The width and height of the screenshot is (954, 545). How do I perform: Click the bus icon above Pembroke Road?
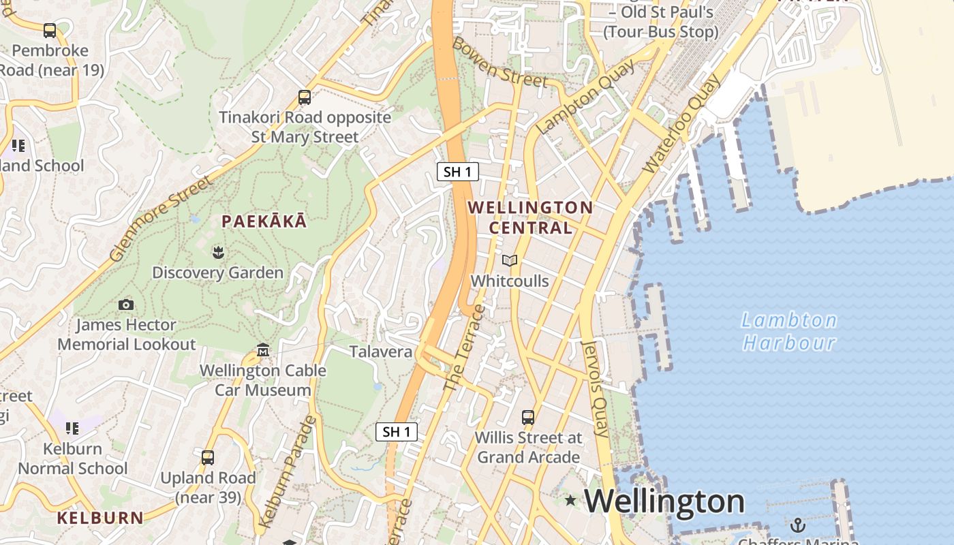click(x=50, y=30)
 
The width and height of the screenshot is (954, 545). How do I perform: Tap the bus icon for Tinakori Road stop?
click(x=305, y=97)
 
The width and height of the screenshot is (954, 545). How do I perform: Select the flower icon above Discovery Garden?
click(x=218, y=253)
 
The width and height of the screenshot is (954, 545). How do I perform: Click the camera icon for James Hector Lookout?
click(x=126, y=305)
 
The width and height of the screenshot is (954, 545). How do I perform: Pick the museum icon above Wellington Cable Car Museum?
click(x=263, y=351)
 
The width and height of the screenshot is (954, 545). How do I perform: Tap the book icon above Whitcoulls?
click(x=510, y=260)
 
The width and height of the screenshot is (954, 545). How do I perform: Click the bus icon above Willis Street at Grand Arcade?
click(x=528, y=417)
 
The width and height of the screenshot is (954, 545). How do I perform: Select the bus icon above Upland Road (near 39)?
click(x=208, y=457)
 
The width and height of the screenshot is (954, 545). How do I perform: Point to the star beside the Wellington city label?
click(x=570, y=501)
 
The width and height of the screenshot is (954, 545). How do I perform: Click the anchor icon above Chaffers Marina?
click(x=797, y=525)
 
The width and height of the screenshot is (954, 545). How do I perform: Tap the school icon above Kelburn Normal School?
click(x=72, y=428)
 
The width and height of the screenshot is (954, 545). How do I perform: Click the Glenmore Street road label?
click(x=161, y=219)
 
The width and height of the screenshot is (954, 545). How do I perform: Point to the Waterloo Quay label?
click(x=681, y=124)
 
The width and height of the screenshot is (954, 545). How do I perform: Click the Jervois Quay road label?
click(x=595, y=388)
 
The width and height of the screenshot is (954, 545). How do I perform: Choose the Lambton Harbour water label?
click(x=789, y=331)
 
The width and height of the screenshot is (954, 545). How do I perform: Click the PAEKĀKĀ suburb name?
click(x=264, y=221)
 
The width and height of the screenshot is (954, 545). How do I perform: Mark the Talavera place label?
click(x=381, y=352)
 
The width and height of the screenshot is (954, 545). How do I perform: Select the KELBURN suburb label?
click(x=100, y=518)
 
